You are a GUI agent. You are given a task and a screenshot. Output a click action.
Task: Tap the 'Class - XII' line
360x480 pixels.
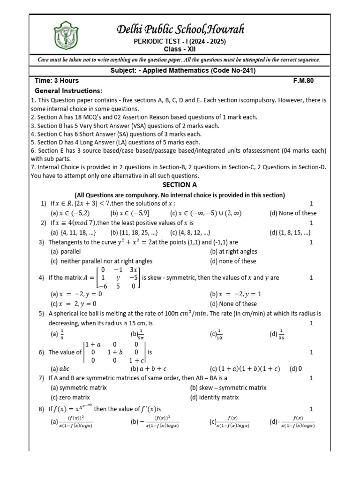(180, 49)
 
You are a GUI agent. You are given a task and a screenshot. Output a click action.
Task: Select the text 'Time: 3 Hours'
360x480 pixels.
(57, 81)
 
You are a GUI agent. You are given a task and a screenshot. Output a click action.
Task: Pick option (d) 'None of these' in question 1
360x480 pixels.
(293, 213)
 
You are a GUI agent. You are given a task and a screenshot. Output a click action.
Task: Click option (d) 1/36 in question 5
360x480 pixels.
(277, 334)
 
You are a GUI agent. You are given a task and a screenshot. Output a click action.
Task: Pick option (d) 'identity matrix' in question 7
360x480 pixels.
(214, 397)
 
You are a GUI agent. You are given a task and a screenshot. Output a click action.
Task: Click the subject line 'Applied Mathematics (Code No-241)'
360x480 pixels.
(180, 70)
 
